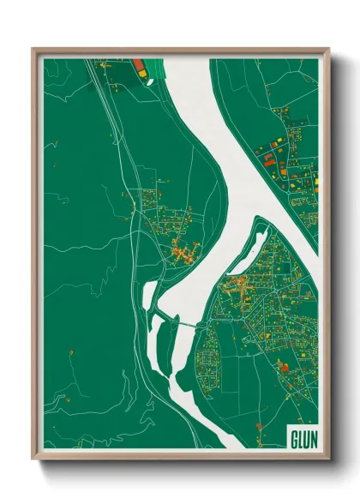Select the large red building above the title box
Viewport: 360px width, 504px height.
point(285,368)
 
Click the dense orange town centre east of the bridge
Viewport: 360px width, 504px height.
point(236,288)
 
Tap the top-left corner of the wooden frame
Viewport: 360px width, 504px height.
point(33,50)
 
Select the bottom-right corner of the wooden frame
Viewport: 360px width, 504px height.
point(328,458)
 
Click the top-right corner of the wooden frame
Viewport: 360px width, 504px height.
point(328,50)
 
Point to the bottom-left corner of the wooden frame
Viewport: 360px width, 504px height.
point(33,458)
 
